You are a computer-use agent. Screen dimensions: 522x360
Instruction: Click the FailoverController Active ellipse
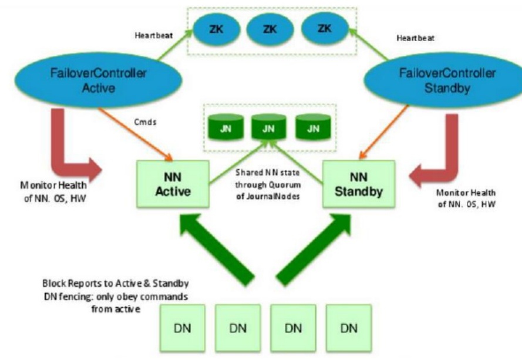98,80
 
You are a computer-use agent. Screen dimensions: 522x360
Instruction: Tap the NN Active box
173,184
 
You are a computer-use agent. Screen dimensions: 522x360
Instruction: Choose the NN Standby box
359,184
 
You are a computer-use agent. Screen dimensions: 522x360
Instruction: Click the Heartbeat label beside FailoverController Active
154,35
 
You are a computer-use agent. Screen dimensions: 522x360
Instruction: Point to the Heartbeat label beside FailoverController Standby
416,38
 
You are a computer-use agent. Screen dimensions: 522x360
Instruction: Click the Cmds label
145,122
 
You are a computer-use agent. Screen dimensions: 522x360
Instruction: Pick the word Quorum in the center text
284,184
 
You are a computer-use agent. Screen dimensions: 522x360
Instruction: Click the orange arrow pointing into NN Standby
384,132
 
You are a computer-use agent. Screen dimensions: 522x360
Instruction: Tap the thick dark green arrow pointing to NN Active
217,250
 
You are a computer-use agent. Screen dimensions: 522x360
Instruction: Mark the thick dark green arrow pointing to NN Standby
314,250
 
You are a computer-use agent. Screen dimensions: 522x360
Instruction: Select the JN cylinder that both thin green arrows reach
269,127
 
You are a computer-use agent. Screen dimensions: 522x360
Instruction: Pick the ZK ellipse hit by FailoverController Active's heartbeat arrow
217,29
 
